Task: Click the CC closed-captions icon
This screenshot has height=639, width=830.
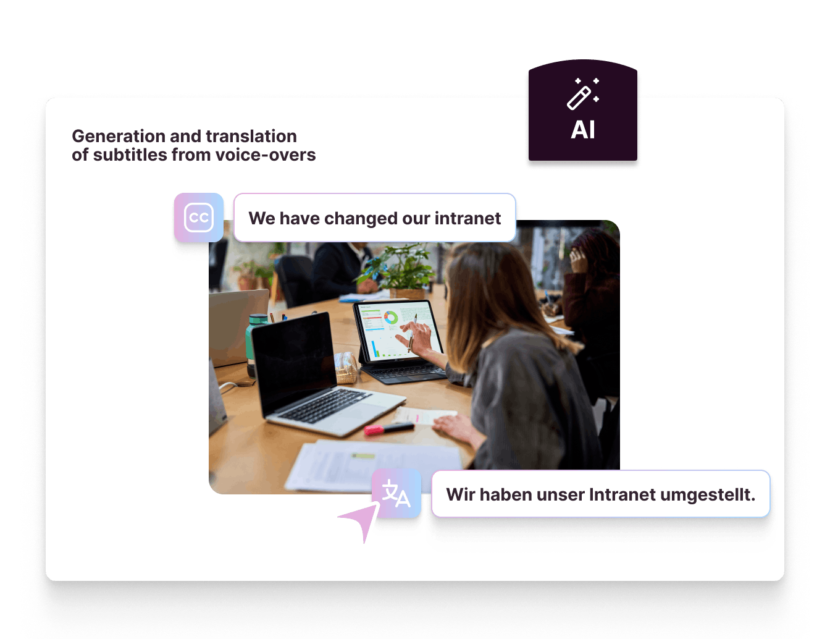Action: (x=199, y=218)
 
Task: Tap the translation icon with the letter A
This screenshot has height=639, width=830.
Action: (x=396, y=493)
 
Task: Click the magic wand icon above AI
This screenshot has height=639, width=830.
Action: (x=582, y=94)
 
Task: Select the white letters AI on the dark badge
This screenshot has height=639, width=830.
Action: (x=582, y=130)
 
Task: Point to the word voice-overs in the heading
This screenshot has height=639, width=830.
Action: (x=266, y=154)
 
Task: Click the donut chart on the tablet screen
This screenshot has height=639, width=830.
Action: (x=391, y=317)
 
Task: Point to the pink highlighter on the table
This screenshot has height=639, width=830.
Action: (x=388, y=428)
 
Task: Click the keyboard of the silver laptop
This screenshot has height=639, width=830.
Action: (x=325, y=405)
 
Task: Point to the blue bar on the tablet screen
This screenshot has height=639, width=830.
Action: (x=374, y=347)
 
